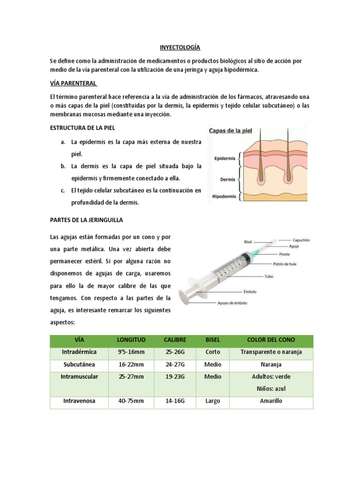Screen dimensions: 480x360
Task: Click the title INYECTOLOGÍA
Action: (180, 47)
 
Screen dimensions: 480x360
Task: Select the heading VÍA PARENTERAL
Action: (73, 83)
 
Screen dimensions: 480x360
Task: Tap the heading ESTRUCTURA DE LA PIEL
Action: (82, 127)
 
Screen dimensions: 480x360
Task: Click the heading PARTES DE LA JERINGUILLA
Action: (86, 219)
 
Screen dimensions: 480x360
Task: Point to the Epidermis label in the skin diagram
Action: (225, 159)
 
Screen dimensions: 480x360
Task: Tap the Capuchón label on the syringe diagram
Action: (301, 240)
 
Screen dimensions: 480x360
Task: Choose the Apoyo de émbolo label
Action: (232, 303)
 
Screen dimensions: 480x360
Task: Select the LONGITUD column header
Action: (132, 339)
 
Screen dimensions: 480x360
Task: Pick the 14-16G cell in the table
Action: (174, 401)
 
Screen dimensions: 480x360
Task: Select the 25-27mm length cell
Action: (132, 376)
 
